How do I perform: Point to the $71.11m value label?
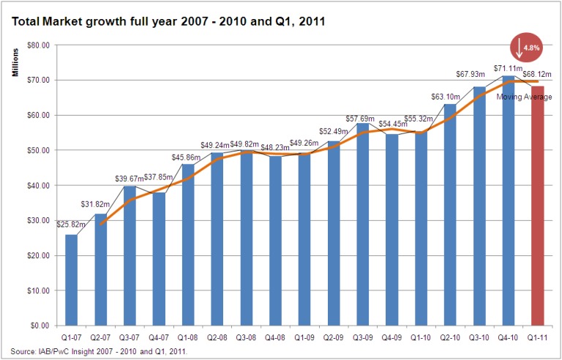click(x=507, y=69)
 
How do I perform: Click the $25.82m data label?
click(x=70, y=224)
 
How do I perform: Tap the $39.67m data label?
click(x=129, y=179)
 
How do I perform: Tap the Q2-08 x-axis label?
click(x=217, y=339)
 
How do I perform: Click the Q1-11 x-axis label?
click(x=538, y=339)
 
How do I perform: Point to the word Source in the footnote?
click(x=23, y=351)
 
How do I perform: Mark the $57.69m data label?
click(x=361, y=119)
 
